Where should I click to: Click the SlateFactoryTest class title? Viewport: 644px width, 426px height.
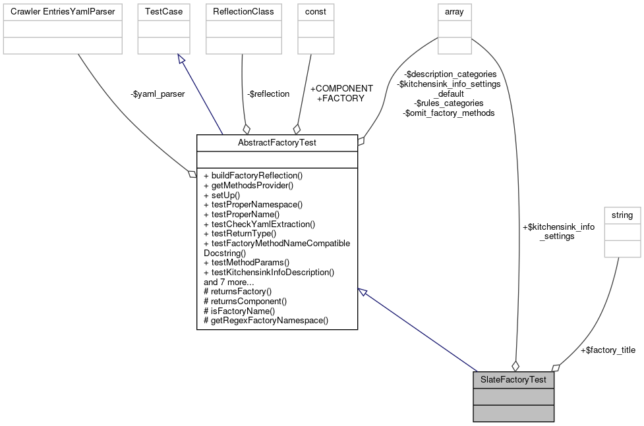click(513, 380)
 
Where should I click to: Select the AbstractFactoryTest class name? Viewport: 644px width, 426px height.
click(277, 142)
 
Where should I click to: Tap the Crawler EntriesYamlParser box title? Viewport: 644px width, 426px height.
click(63, 12)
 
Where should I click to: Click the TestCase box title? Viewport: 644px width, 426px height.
click(163, 12)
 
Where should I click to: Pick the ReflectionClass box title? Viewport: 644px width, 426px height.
click(243, 12)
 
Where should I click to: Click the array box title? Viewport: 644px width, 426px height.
click(454, 12)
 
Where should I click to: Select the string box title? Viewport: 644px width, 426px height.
click(622, 215)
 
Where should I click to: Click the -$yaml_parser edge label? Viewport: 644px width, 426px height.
click(158, 94)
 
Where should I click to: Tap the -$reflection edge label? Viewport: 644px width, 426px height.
click(268, 94)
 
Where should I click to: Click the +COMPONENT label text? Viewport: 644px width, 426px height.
click(341, 88)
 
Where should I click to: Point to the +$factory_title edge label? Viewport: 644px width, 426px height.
click(607, 350)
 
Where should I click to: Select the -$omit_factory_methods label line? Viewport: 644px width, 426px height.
click(449, 113)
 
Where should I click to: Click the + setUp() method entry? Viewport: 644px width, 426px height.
click(222, 195)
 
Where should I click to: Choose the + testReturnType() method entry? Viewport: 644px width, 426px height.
click(240, 233)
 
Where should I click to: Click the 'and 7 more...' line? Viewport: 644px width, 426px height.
click(229, 282)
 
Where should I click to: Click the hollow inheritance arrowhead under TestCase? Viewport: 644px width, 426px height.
click(181, 59)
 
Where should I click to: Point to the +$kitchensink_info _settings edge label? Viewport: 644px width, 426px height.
click(558, 231)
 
